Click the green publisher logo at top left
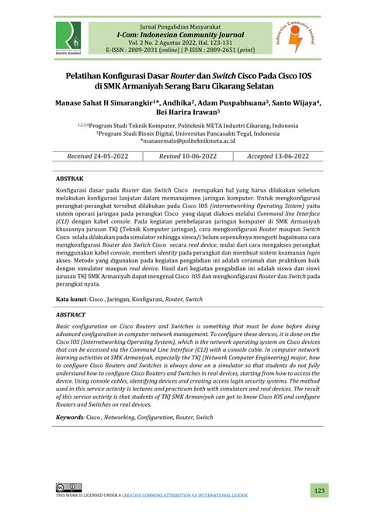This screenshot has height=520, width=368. (x=69, y=34)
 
